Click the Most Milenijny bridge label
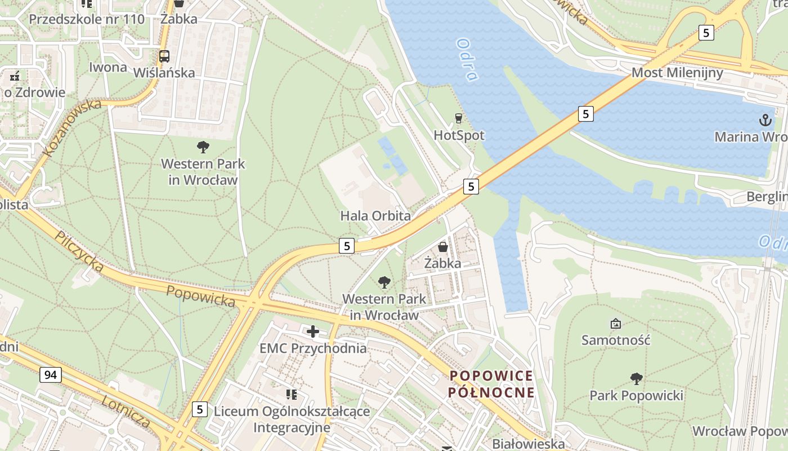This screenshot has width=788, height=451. pyautogui.click(x=677, y=73)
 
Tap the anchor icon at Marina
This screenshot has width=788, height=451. pyautogui.click(x=765, y=120)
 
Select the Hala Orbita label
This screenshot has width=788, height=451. pyautogui.click(x=375, y=216)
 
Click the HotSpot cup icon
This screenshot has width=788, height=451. pyautogui.click(x=458, y=118)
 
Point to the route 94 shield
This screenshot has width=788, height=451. pyautogui.click(x=51, y=374)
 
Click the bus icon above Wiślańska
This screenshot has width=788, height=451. pyautogui.click(x=164, y=56)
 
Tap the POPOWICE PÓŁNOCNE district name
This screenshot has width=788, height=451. pyautogui.click(x=491, y=384)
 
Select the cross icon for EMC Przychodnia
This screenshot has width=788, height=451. pyautogui.click(x=313, y=331)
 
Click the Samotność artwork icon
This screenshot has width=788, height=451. pyautogui.click(x=616, y=324)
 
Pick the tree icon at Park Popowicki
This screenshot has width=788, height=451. pyautogui.click(x=636, y=378)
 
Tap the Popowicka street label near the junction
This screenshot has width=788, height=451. pyautogui.click(x=201, y=296)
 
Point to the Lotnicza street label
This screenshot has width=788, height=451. pyautogui.click(x=126, y=412)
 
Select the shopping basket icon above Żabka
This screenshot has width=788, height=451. pyautogui.click(x=443, y=247)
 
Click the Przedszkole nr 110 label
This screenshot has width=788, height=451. pyautogui.click(x=87, y=19)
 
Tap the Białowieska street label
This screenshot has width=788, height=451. pyautogui.click(x=528, y=444)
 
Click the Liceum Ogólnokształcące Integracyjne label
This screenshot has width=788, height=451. pyautogui.click(x=292, y=419)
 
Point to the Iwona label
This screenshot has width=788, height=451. pyautogui.click(x=108, y=67)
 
